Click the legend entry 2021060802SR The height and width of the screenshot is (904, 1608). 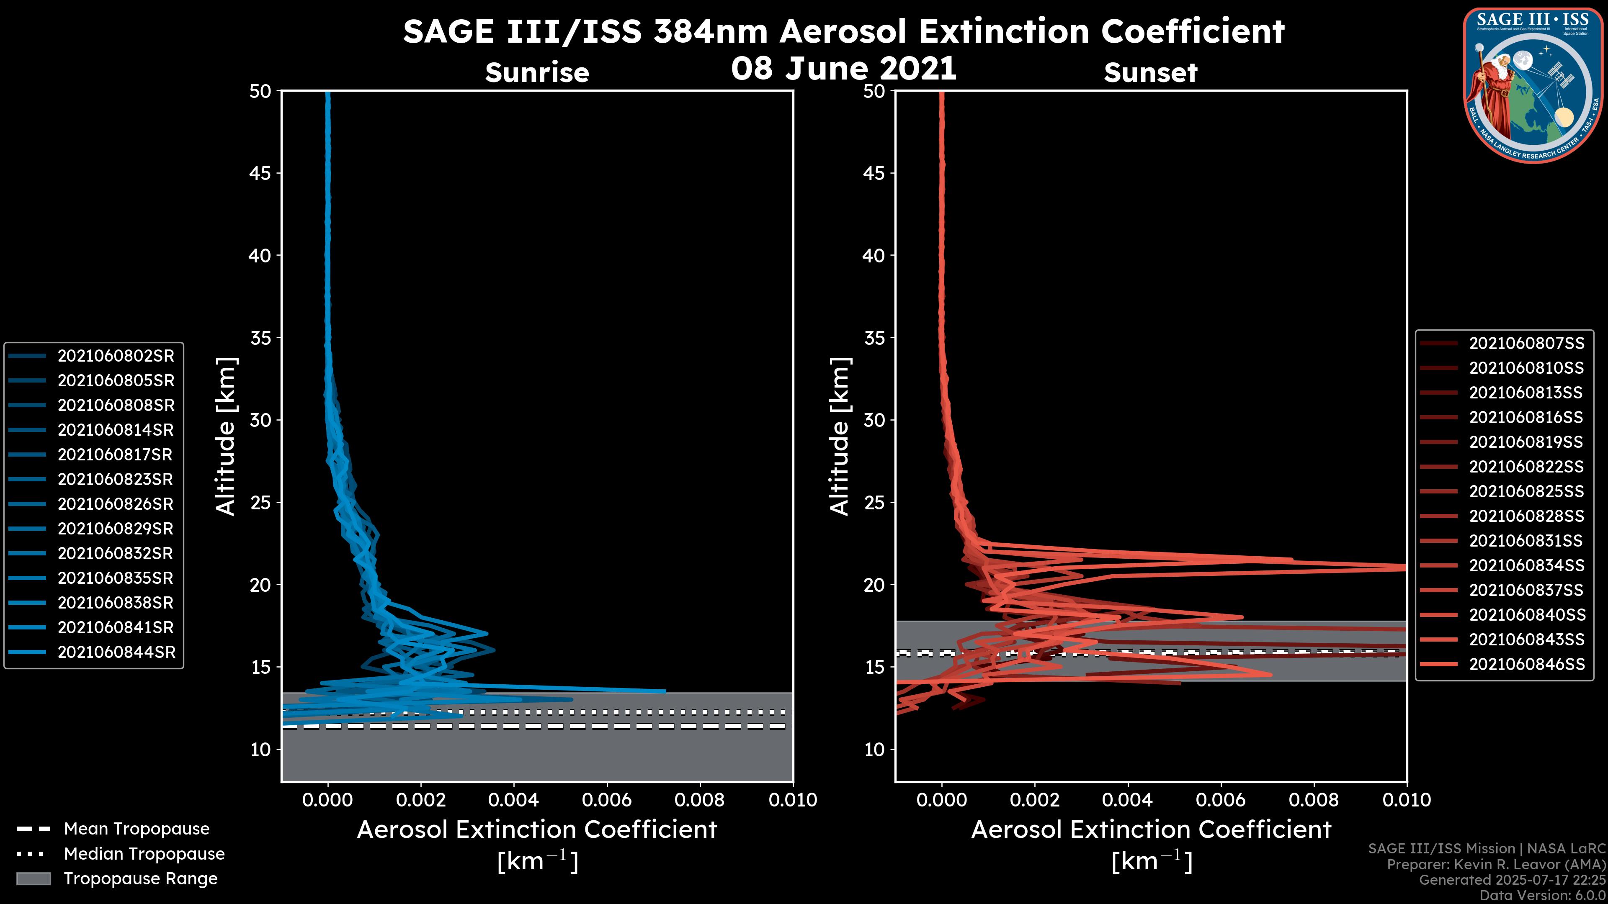[x=116, y=356]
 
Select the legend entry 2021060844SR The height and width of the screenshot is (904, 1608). [x=116, y=652]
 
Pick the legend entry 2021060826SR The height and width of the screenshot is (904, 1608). [x=116, y=504]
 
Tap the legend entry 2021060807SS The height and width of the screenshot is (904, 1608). [x=1526, y=343]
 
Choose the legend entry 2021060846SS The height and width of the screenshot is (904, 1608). [x=1526, y=665]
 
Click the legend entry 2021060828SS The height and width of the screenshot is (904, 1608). [x=1526, y=516]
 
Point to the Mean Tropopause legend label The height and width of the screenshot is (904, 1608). [x=137, y=829]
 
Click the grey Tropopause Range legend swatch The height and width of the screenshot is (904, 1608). [x=33, y=878]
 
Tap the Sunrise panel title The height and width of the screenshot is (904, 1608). [x=537, y=72]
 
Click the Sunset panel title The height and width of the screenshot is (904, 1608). [x=1150, y=72]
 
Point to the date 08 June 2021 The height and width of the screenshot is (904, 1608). [x=843, y=68]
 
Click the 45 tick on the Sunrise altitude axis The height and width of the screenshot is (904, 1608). [x=260, y=173]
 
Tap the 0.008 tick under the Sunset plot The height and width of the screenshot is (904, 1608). [x=1314, y=800]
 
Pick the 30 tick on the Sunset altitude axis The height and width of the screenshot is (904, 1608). [x=874, y=420]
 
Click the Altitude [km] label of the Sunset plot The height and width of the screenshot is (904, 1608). [x=840, y=436]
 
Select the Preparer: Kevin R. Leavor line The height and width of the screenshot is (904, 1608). [x=1496, y=865]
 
